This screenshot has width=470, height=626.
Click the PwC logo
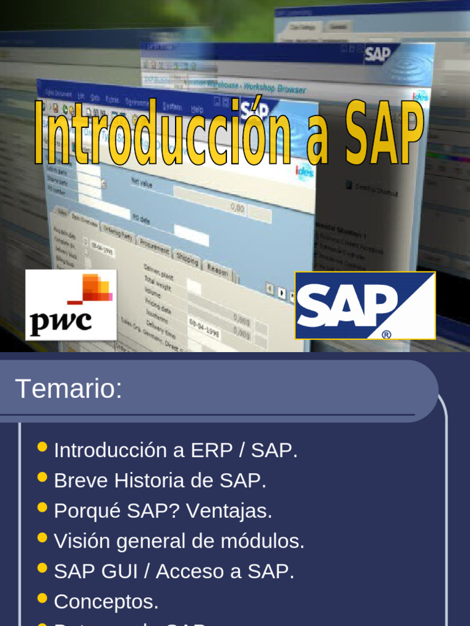coord(71,304)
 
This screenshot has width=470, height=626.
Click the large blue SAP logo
coord(365,305)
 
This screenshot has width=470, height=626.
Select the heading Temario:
coord(69,389)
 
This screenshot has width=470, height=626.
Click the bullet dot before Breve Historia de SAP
coord(42,477)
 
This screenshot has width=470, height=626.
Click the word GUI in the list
coord(125,572)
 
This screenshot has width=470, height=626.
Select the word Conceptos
coord(106,602)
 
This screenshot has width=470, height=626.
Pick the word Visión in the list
coord(81,541)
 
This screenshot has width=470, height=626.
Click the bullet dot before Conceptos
coord(42,598)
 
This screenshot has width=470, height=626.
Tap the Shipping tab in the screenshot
coord(187,259)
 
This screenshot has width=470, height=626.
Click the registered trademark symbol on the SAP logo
coord(386,334)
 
